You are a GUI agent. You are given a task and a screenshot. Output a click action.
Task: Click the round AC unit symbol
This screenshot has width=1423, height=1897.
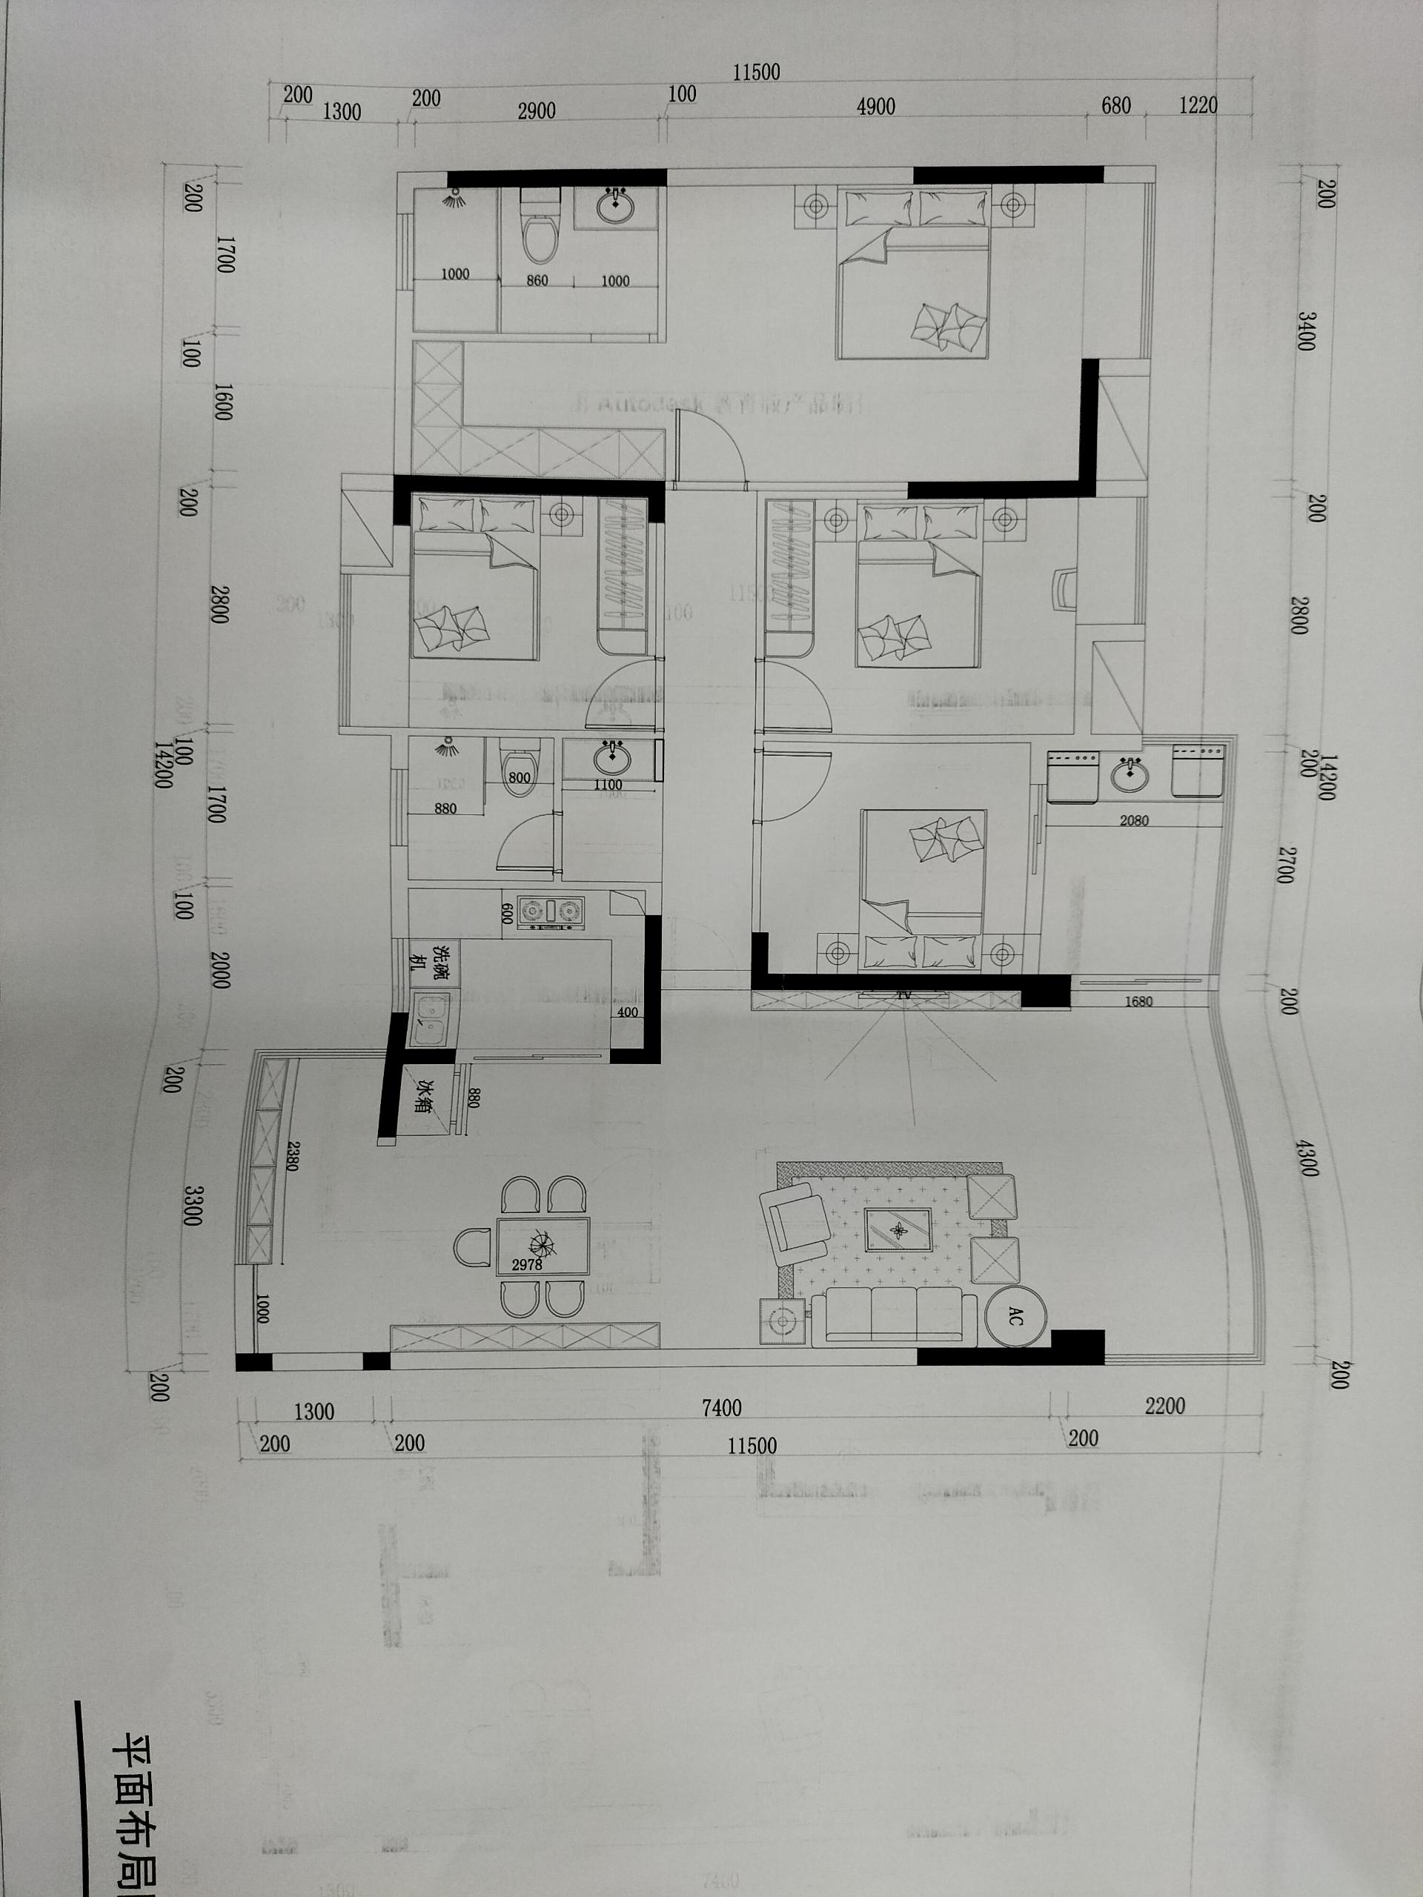coord(1015,1320)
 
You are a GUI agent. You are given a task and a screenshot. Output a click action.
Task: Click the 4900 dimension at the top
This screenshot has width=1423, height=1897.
coord(876,107)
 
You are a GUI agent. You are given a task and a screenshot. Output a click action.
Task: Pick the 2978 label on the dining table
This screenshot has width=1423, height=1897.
coord(528,1264)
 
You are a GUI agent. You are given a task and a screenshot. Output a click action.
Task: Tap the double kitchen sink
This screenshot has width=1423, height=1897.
coord(428,1018)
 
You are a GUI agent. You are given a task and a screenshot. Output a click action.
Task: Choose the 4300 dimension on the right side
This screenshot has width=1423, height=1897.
coord(1307,1157)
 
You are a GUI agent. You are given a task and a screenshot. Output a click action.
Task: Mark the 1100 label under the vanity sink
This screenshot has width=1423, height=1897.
coord(607,785)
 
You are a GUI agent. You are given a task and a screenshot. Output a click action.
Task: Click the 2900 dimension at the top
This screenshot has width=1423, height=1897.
coord(536,110)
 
